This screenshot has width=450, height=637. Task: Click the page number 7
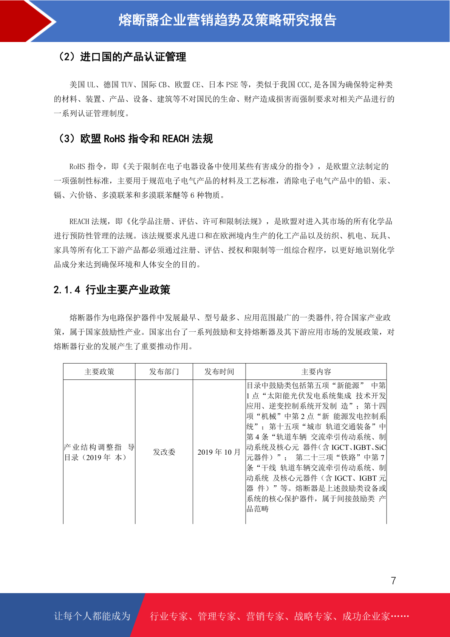point(393,581)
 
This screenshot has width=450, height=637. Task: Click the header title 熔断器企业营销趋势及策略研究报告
point(227,20)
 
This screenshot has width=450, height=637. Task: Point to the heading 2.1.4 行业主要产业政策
point(112,290)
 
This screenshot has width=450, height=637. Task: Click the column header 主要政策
point(99,371)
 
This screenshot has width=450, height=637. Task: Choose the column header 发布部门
point(164,371)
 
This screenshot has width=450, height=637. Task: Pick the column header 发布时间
point(219,371)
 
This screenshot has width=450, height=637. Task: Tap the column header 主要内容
point(316,371)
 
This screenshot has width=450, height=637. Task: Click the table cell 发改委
point(164,452)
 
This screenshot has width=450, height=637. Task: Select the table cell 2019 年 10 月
point(219,452)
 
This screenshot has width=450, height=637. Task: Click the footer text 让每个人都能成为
point(92,616)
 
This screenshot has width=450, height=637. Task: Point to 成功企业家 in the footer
point(366,616)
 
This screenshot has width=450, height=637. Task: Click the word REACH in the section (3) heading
point(175,139)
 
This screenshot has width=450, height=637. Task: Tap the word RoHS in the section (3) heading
point(114,139)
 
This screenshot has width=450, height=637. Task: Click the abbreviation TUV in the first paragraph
point(127,85)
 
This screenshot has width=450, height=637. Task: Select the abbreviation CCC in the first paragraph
point(303,85)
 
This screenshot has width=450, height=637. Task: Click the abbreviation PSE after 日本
point(232,85)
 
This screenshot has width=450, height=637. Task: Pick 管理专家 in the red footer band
point(217,616)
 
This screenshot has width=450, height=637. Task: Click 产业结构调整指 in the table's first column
point(93,447)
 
